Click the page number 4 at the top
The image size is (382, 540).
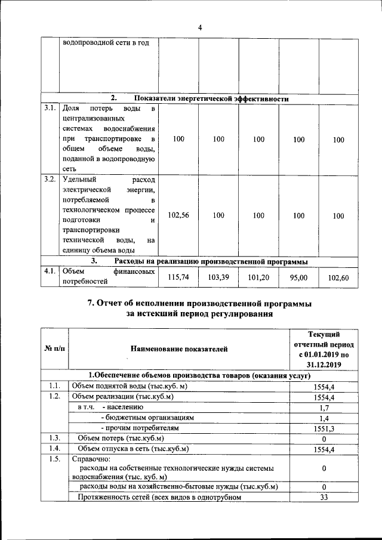pos(200,27)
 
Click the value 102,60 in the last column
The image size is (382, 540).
pos(338,277)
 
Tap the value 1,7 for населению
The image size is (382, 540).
pos(324,407)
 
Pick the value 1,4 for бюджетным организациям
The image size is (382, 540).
pos(324,418)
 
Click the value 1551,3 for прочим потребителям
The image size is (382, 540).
pos(324,428)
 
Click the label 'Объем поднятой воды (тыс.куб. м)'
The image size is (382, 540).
pos(130,386)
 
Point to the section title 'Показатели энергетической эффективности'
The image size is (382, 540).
pos(212,98)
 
